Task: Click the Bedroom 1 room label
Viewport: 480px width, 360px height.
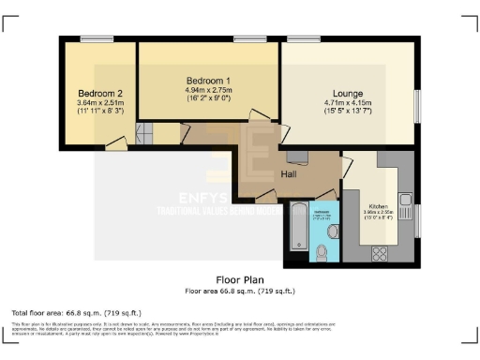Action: [208, 82]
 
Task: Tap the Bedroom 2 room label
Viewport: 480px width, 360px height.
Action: [101, 93]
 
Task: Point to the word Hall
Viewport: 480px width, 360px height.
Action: [291, 174]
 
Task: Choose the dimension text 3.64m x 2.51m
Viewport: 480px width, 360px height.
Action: [101, 103]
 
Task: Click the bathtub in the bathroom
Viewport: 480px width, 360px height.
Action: [295, 227]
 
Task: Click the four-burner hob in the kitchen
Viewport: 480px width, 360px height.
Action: [382, 252]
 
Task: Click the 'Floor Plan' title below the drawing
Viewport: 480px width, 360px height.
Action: [240, 279]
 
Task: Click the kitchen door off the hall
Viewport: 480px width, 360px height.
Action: [346, 170]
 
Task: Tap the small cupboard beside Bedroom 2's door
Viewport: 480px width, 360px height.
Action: [144, 134]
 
